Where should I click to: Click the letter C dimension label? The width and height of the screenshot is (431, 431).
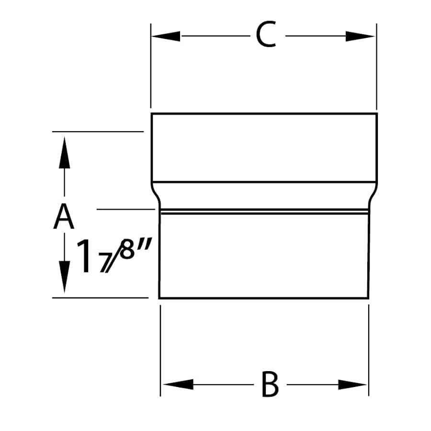[266, 36]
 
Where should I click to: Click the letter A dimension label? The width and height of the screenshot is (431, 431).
[64, 216]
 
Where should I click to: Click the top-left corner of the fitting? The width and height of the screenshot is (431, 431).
[152, 113]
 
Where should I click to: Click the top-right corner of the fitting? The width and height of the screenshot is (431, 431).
[377, 113]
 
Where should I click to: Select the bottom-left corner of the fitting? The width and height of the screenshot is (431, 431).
[159, 298]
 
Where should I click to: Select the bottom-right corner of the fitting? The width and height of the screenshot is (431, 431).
[368, 298]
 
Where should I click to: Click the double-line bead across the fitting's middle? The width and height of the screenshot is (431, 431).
[264, 211]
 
